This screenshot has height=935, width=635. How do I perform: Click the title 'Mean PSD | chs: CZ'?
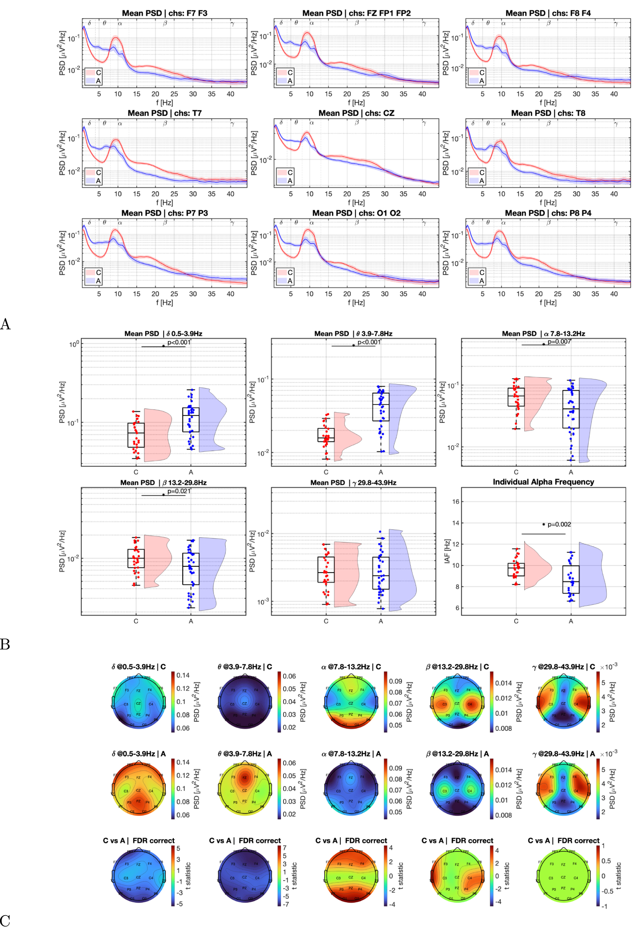click(x=356, y=113)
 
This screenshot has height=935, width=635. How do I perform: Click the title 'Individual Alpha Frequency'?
click(x=543, y=482)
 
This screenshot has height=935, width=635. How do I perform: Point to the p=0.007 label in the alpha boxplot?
click(x=559, y=342)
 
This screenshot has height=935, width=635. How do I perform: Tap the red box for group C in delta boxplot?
click(x=136, y=435)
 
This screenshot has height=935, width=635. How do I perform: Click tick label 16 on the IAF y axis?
click(x=455, y=501)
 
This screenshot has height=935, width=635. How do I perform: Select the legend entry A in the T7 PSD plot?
click(x=98, y=181)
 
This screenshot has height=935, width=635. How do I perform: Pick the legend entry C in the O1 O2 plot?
click(x=290, y=272)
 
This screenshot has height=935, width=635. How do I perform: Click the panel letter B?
click(x=5, y=644)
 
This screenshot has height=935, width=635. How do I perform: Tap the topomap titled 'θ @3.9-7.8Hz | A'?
click(x=245, y=789)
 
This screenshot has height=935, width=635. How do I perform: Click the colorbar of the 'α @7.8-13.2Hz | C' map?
click(x=385, y=703)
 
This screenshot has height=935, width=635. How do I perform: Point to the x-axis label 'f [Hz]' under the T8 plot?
click(x=548, y=202)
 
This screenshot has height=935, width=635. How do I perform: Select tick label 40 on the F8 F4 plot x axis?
click(x=613, y=94)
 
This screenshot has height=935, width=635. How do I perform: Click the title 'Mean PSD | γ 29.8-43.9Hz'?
click(x=353, y=482)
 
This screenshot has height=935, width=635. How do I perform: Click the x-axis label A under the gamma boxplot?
click(x=381, y=621)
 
